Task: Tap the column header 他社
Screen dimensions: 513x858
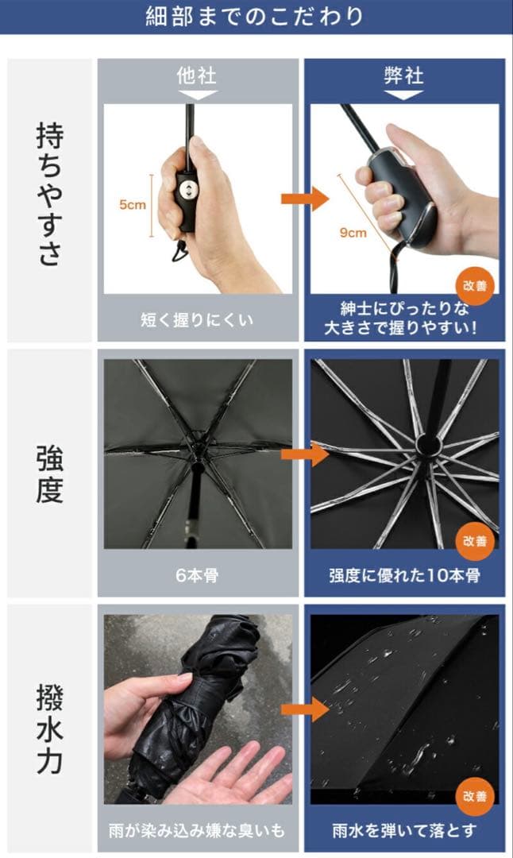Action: (197, 75)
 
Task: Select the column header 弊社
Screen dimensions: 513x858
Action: (403, 75)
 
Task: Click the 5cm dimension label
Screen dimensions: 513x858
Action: (133, 205)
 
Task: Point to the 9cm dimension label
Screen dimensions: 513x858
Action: (353, 233)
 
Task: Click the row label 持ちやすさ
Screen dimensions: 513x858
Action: (50, 195)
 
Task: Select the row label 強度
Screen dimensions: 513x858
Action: (50, 473)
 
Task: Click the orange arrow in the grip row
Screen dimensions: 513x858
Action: (305, 198)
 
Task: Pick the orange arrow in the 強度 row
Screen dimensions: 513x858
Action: (305, 454)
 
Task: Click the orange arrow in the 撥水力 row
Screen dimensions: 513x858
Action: (305, 709)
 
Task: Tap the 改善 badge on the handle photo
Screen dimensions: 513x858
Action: (475, 286)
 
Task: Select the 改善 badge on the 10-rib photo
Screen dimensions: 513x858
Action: (475, 541)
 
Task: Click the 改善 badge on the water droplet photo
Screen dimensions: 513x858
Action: (475, 796)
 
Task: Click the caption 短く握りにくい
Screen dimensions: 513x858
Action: (197, 319)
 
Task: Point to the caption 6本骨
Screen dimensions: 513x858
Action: (197, 575)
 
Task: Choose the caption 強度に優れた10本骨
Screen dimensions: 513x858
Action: (404, 575)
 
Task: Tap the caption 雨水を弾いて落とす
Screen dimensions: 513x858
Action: (404, 831)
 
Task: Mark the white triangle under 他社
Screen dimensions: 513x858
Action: (198, 95)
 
